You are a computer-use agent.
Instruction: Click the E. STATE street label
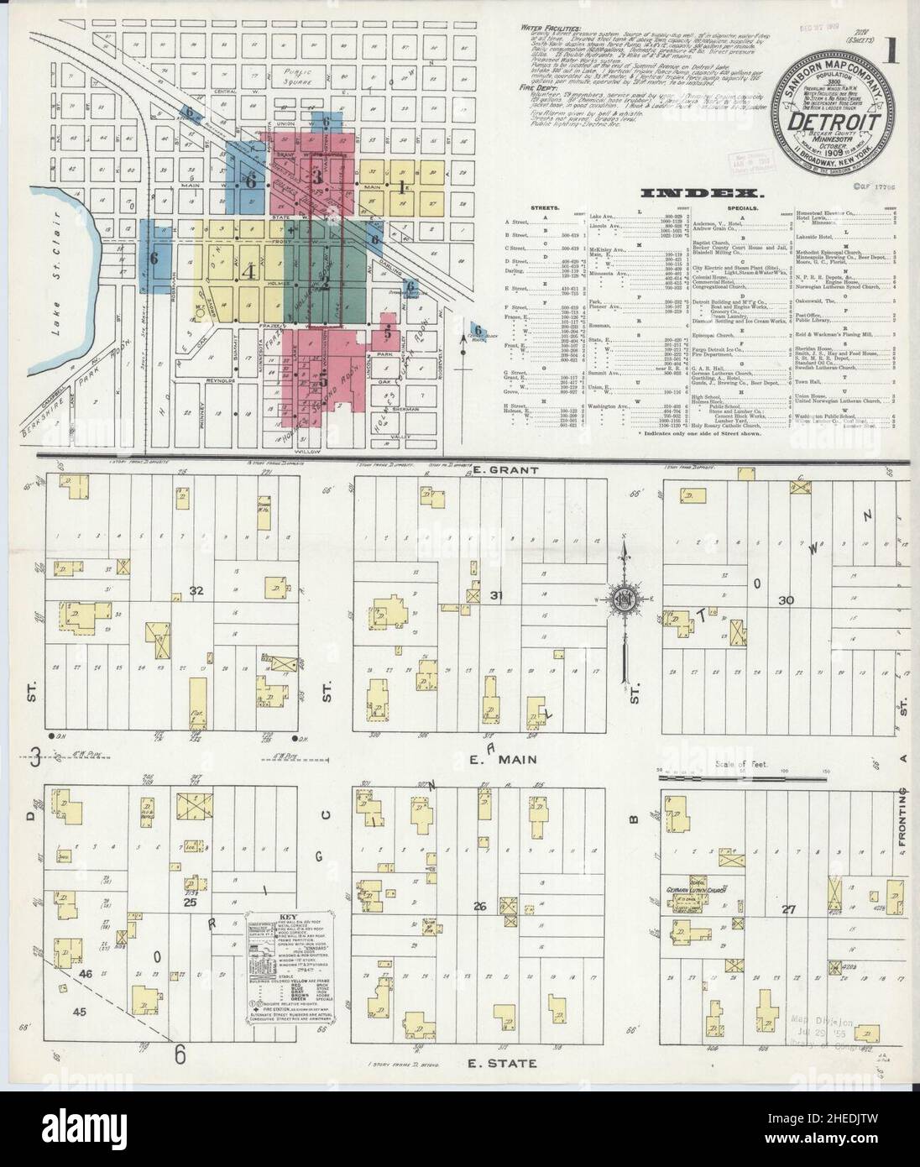point(503,1064)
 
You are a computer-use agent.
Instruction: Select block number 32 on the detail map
point(197,589)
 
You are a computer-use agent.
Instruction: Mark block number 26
point(480,906)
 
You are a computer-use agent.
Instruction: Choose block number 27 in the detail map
point(787,908)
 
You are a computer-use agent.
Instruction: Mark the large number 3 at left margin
point(35,758)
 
